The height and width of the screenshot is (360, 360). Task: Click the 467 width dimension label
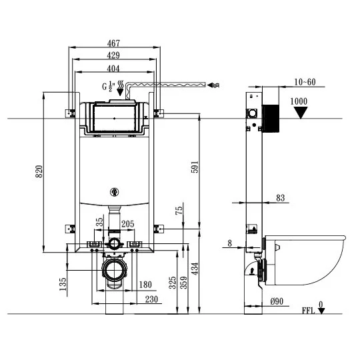(x=113, y=43)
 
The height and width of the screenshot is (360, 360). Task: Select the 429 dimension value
(x=113, y=55)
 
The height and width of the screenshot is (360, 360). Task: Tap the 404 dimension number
(x=113, y=69)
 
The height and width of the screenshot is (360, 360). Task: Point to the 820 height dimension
(x=39, y=171)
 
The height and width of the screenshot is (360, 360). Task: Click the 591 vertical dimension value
(x=195, y=167)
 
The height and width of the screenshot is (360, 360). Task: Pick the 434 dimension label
(x=195, y=269)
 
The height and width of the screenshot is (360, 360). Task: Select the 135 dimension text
(x=63, y=284)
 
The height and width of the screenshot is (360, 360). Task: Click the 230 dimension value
(x=151, y=299)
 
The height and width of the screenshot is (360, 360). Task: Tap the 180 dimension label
(x=145, y=285)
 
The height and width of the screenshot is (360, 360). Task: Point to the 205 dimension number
(x=128, y=224)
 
